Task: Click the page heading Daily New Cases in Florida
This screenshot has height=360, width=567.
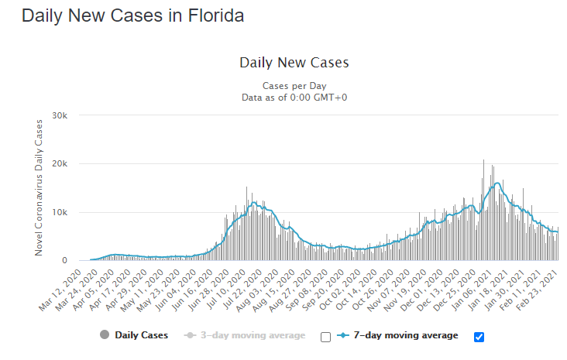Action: (132, 16)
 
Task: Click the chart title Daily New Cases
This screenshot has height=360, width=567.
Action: (294, 63)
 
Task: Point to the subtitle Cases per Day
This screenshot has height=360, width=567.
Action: (294, 85)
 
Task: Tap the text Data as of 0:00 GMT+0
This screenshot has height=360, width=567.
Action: (294, 97)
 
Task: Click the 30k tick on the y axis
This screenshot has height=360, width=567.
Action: (60, 115)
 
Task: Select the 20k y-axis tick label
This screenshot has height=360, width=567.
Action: (60, 164)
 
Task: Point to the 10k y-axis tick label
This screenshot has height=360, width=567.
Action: (60, 212)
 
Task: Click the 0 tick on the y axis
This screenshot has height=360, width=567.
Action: (66, 261)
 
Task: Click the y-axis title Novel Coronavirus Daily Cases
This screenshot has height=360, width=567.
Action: (38, 188)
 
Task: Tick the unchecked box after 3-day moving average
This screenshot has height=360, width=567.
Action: (325, 337)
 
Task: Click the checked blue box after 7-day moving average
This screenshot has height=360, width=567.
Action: (479, 337)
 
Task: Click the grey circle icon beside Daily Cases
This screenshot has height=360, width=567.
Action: (104, 335)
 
